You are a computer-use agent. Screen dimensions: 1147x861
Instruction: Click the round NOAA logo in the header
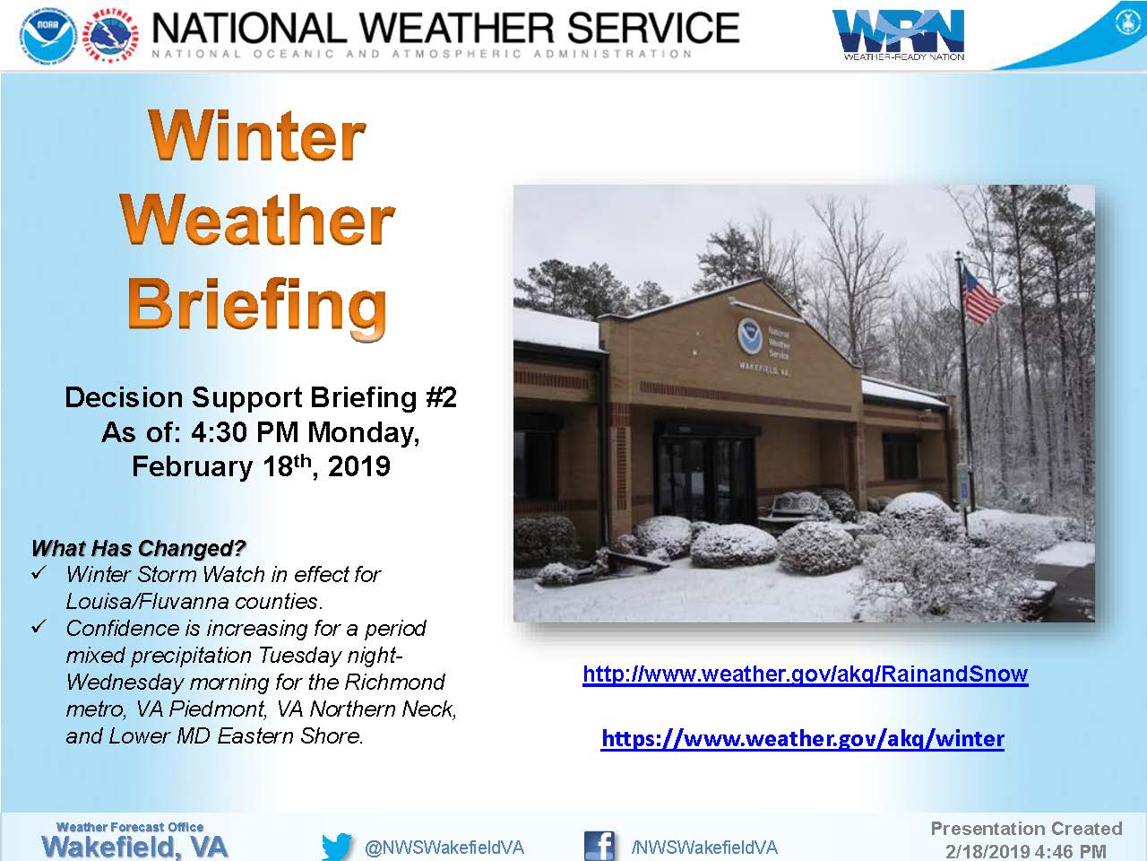point(48,36)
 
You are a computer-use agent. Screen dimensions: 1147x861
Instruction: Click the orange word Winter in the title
point(256,135)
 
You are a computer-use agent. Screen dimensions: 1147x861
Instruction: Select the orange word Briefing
point(257,309)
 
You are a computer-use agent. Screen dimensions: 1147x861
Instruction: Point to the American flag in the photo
point(980,294)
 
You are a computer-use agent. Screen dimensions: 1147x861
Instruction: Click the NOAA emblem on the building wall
point(750,335)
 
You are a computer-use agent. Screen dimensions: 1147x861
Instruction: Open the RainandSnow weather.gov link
point(806,674)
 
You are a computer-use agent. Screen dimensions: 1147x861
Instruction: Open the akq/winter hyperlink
point(803,738)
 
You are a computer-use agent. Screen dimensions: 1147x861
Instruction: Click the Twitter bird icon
point(337,847)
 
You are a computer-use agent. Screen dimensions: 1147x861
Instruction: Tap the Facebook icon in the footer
point(599,846)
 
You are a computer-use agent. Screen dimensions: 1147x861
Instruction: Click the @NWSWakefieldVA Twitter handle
point(444,848)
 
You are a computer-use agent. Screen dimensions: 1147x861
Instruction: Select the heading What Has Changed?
point(138,548)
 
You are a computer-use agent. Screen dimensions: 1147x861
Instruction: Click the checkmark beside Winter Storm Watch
point(39,573)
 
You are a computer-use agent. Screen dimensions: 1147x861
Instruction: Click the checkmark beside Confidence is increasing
point(39,626)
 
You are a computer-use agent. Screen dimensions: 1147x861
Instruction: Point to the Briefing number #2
point(442,397)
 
